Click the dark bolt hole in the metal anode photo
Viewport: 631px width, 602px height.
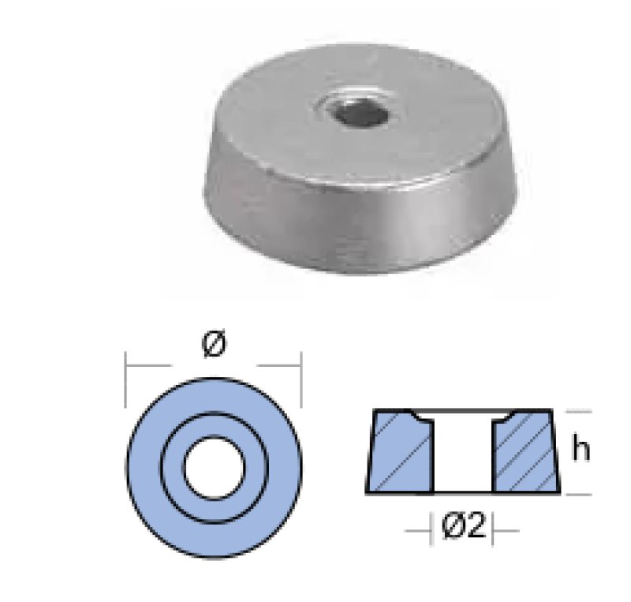pos(358,112)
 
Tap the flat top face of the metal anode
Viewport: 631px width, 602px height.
pos(282,133)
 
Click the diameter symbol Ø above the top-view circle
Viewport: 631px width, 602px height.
pos(214,343)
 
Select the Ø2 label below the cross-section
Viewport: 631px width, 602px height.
pos(463,525)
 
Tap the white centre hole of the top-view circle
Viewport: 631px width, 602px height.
pos(214,469)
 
